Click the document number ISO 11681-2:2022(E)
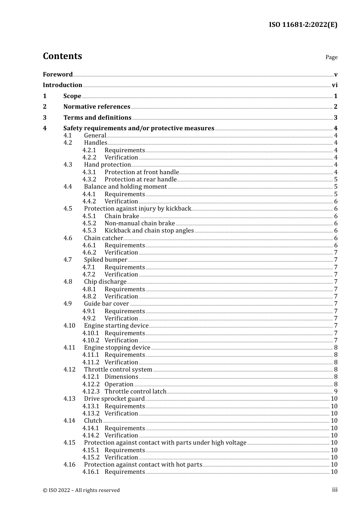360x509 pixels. [303, 25]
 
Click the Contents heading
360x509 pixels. [62, 56]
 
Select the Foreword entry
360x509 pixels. [58, 75]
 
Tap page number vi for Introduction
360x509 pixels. [335, 85]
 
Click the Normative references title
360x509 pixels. [97, 107]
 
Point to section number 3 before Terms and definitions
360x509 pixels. [45, 118]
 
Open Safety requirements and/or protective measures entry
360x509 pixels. [139, 128]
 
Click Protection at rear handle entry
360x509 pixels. [140, 180]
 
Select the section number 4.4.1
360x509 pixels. [89, 194]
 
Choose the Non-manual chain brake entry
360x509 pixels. [139, 223]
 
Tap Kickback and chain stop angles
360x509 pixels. [149, 231]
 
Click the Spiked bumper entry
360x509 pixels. [105, 260]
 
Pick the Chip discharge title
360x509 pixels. [105, 282]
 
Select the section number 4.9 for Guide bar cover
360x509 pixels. [67, 304]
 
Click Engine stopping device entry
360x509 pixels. [117, 348]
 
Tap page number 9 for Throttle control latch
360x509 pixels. [336, 392]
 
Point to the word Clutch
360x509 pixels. [93, 421]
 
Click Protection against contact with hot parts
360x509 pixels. [143, 465]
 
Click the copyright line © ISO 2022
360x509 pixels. [81, 490]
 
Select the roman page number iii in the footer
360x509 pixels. [335, 490]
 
